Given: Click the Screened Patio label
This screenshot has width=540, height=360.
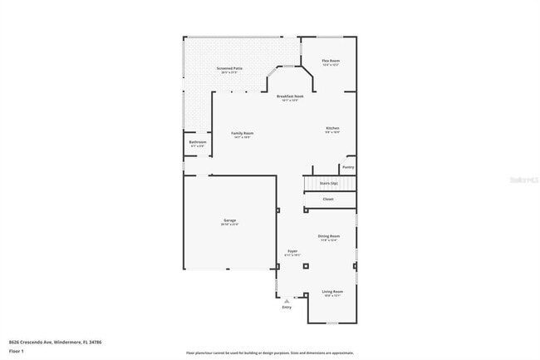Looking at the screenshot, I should click(x=230, y=69).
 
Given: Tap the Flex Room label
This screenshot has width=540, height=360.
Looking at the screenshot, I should click(x=331, y=62).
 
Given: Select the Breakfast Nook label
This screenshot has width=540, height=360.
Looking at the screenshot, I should click(x=290, y=96).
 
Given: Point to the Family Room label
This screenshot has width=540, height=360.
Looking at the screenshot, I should click(x=242, y=134).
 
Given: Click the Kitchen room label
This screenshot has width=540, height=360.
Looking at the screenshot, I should click(x=332, y=128).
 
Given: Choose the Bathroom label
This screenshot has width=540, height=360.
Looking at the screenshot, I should click(x=197, y=142).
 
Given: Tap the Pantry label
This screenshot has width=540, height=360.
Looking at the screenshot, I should click(x=347, y=166).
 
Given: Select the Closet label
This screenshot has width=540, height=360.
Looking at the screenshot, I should click(x=328, y=199).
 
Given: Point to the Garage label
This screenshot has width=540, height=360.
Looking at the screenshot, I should click(x=229, y=221).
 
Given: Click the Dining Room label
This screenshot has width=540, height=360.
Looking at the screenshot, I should click(x=329, y=236).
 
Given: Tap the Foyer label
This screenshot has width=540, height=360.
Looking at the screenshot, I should click(x=292, y=251).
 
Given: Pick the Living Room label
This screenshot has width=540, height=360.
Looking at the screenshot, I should click(x=332, y=292).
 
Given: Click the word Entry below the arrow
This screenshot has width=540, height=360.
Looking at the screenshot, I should click(x=287, y=308).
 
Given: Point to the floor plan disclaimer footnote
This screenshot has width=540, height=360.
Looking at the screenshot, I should click(x=269, y=353).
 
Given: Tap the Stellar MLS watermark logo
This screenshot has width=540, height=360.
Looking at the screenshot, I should click(x=523, y=179).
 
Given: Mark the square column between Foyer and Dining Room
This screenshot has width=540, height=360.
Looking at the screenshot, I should click(x=306, y=266).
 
